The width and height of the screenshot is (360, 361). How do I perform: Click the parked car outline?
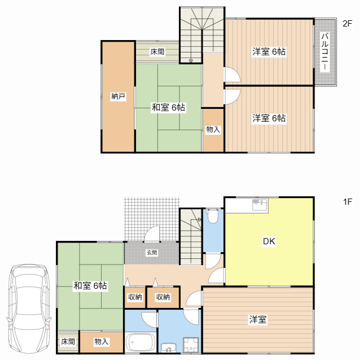[29, 308]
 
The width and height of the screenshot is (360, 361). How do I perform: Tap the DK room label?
[269, 241]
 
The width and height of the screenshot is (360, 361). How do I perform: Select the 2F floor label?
[348, 24]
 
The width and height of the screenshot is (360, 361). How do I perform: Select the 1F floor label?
[348, 202]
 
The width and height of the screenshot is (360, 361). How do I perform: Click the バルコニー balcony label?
[325, 51]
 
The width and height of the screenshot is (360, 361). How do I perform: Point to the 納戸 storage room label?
[118, 96]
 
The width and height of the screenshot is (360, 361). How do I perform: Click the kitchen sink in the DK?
[260, 204]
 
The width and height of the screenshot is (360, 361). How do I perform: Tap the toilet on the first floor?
[213, 215]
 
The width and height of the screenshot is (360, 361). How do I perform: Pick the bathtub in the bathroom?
[141, 342]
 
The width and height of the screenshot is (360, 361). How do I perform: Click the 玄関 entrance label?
[152, 253]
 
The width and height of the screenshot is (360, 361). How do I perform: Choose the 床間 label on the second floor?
[157, 51]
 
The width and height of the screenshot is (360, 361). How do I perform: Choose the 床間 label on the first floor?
[68, 342]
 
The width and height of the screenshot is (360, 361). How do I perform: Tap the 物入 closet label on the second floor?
[213, 129]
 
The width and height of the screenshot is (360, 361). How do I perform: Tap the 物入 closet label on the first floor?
[102, 342]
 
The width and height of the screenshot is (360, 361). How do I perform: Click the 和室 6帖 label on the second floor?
[168, 108]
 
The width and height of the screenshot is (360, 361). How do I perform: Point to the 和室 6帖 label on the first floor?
[90, 286]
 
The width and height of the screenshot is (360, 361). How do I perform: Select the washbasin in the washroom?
[169, 347]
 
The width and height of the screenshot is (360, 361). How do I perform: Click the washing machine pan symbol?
[191, 345]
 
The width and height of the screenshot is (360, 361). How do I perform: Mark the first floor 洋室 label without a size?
[258, 319]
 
